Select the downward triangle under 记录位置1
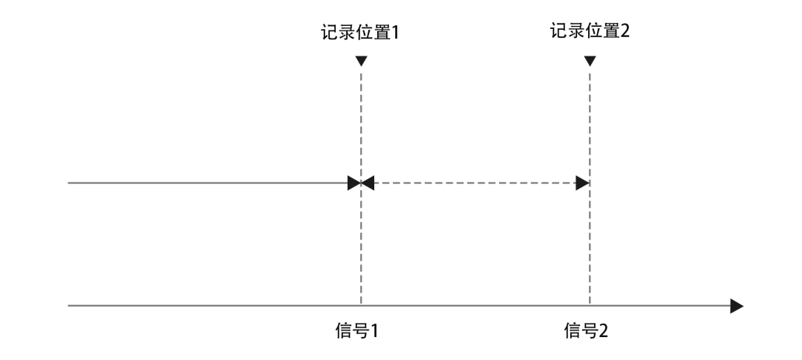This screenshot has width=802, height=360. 361,61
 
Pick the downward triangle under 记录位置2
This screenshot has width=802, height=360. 590,61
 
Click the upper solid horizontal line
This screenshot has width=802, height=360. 208,183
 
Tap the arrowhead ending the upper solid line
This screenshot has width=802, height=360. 354,183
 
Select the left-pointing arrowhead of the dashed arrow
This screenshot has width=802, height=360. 368,183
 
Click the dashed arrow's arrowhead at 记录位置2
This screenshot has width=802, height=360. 584,183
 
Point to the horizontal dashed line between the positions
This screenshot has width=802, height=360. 475,183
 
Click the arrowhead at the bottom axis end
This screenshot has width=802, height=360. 736,305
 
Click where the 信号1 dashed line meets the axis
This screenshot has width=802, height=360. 361,305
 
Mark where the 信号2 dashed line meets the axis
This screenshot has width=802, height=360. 590,305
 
